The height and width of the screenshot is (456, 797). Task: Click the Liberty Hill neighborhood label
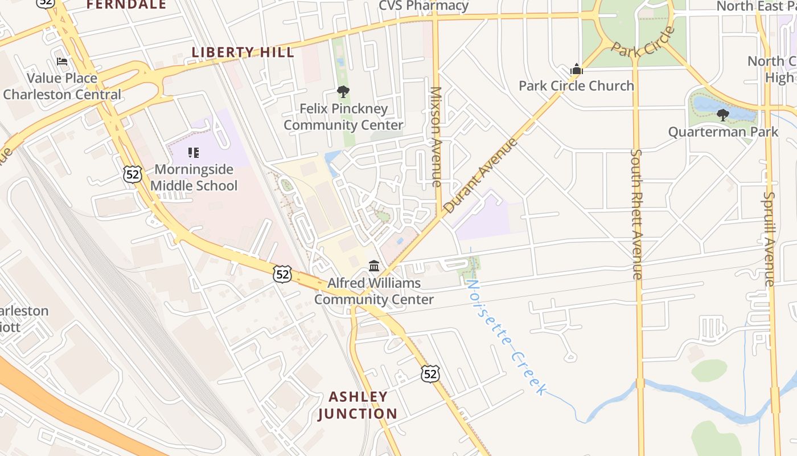(243, 52)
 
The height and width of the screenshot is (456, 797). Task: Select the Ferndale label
(126, 5)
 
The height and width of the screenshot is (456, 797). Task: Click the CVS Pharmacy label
(424, 6)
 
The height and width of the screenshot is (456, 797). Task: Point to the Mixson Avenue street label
(437, 137)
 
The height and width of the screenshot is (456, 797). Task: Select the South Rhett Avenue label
(636, 214)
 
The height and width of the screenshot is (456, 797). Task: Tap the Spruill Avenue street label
(769, 239)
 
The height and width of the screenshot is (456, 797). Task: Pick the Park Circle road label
(643, 42)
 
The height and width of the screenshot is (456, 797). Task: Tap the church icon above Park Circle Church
(577, 70)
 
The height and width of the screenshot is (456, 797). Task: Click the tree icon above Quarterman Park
(723, 115)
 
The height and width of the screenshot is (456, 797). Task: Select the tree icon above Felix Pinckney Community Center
(343, 91)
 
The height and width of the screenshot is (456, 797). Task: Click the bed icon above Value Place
(62, 62)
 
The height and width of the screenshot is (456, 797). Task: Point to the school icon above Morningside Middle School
(194, 153)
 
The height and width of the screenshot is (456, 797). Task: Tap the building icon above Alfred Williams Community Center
(374, 266)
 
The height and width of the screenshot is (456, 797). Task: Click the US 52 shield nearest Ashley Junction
(430, 374)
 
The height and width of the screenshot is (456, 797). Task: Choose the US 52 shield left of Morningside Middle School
(132, 174)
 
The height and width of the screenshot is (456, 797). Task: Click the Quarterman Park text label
(723, 132)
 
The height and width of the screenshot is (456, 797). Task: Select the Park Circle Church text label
(576, 86)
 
